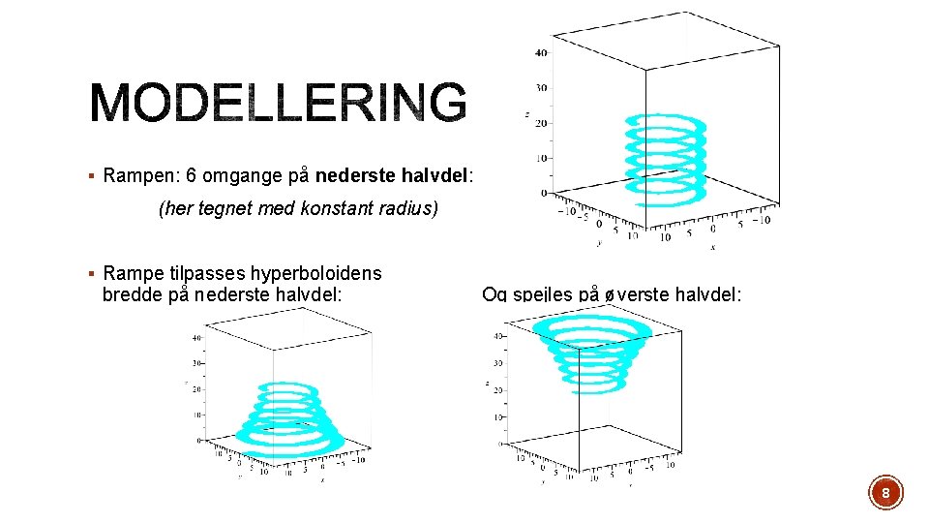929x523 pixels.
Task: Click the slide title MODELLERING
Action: point(279,102)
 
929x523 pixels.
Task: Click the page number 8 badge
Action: point(885,493)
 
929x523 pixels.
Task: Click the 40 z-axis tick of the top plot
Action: point(541,52)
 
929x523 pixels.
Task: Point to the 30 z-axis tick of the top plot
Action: point(541,87)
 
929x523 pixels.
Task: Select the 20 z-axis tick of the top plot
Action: point(541,123)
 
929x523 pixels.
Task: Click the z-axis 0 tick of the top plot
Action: point(544,193)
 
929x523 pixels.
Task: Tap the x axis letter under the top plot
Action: point(712,247)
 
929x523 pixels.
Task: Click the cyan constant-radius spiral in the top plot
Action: point(666,155)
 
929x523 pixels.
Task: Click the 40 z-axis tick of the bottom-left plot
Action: point(197,337)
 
